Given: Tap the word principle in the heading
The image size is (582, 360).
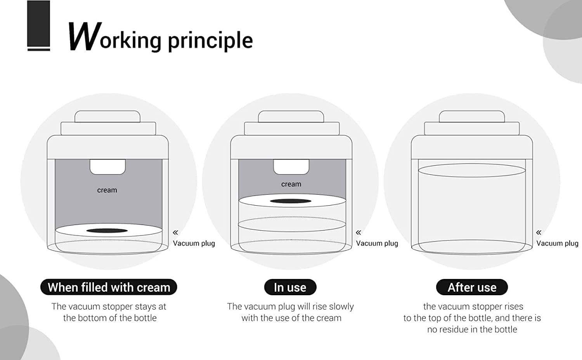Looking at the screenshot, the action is (x=210, y=41).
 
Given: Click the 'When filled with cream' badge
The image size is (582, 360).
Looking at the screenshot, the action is (x=109, y=287).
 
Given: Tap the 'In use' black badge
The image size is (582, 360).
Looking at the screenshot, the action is (x=290, y=287).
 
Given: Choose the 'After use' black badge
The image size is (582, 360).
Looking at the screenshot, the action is (x=472, y=287).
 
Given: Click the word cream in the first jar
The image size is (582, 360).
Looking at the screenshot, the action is (x=107, y=190).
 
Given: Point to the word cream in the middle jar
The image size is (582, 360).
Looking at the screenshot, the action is (x=291, y=184).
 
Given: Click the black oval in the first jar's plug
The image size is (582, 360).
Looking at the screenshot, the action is (x=107, y=231).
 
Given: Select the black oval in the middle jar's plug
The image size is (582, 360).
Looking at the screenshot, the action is (x=291, y=201).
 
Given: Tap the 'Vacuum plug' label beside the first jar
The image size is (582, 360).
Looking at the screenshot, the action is (x=194, y=243).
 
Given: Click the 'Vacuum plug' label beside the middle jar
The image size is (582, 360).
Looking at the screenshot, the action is (x=377, y=243).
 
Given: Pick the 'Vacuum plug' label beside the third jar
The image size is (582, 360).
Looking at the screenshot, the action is (x=557, y=243).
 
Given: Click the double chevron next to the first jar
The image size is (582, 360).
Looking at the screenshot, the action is (x=176, y=232).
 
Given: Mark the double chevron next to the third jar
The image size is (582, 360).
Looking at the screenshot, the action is (x=539, y=232).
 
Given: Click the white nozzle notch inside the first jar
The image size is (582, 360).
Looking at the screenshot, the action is (x=107, y=166).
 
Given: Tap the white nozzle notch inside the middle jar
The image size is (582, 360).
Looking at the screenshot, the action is (x=291, y=166).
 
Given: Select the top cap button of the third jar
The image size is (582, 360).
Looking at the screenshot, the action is (x=472, y=117).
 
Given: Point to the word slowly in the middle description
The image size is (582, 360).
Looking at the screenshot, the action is (x=341, y=307).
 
